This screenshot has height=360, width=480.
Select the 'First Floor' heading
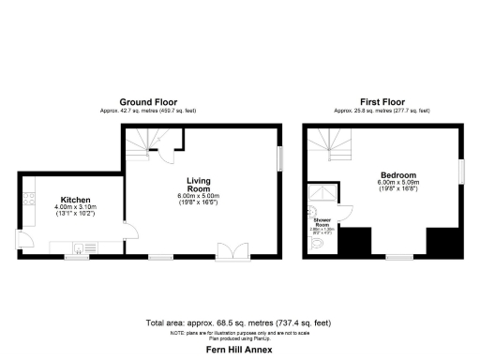pos(382,101)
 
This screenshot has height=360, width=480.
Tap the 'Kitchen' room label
pos(77,200)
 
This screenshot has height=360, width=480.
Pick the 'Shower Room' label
pos(322,223)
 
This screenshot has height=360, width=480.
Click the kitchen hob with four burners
pos(28,200)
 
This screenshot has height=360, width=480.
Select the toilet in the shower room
pos(320,245)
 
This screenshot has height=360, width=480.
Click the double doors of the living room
pos(228,250)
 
